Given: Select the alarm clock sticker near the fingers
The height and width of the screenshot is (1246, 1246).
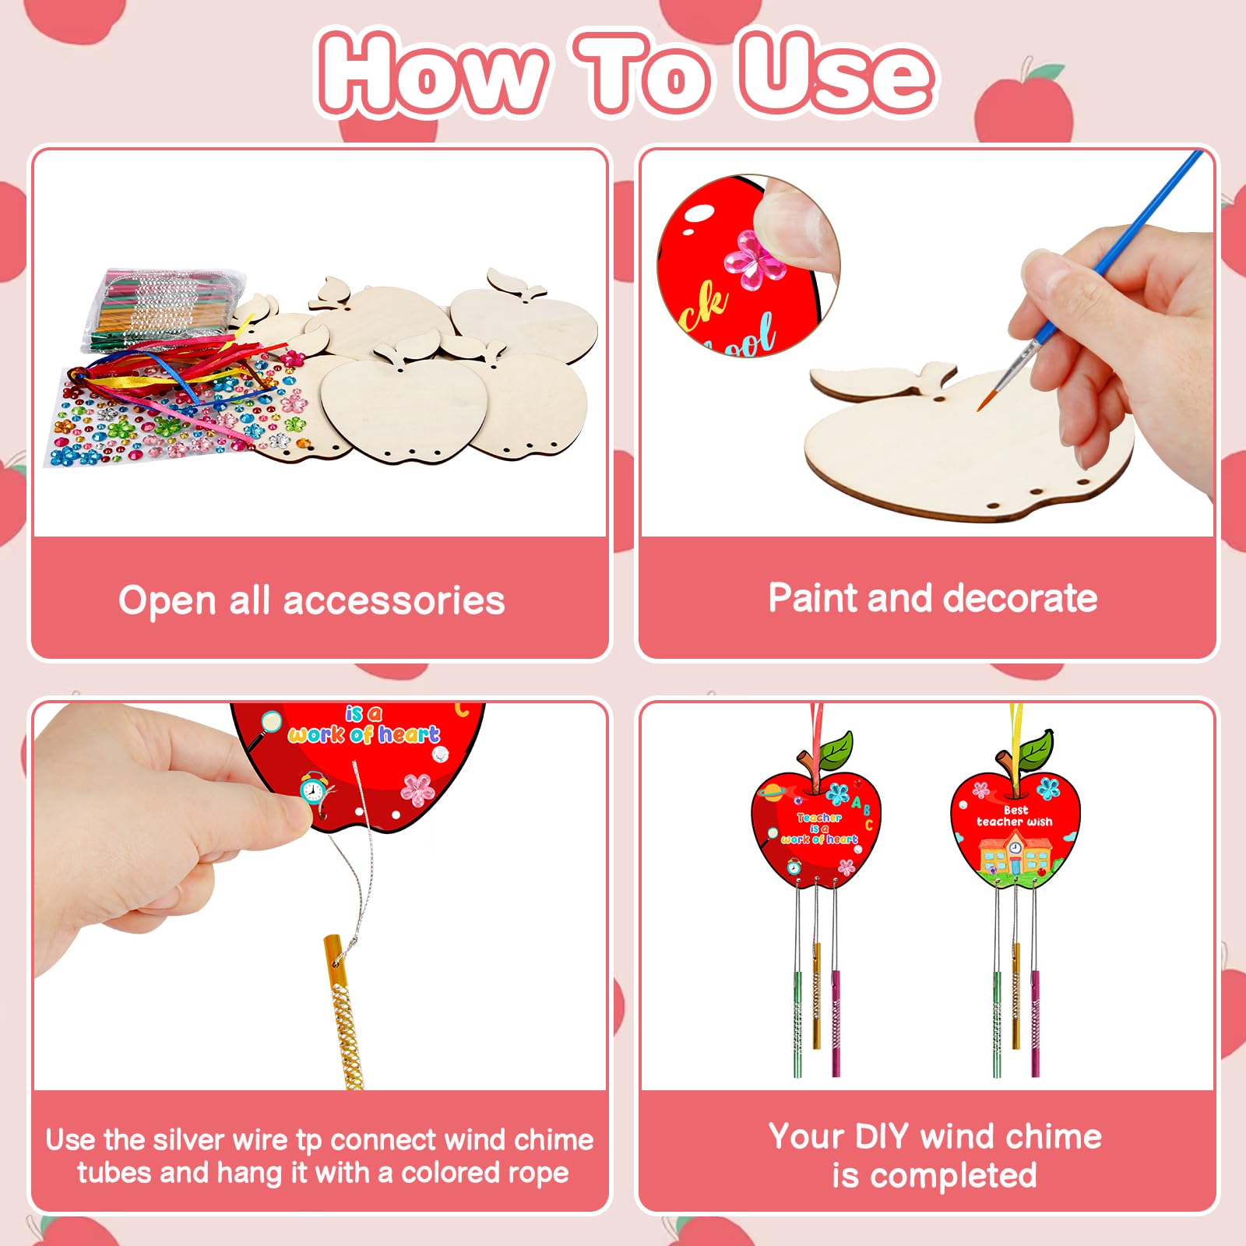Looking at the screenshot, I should (313, 790).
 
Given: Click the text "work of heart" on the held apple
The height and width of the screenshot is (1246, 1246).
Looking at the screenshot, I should (363, 734).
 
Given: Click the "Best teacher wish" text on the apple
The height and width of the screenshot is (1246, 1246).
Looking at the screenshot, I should (1015, 816).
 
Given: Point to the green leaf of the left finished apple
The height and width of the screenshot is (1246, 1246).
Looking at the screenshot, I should (835, 749).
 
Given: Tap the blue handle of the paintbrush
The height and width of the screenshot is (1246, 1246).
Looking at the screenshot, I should (1129, 226).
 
